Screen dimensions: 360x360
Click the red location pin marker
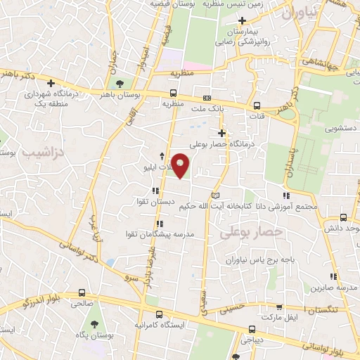click(181, 166)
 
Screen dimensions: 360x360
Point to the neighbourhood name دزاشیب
click(42, 151)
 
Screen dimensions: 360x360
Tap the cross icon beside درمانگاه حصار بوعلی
click(222, 133)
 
